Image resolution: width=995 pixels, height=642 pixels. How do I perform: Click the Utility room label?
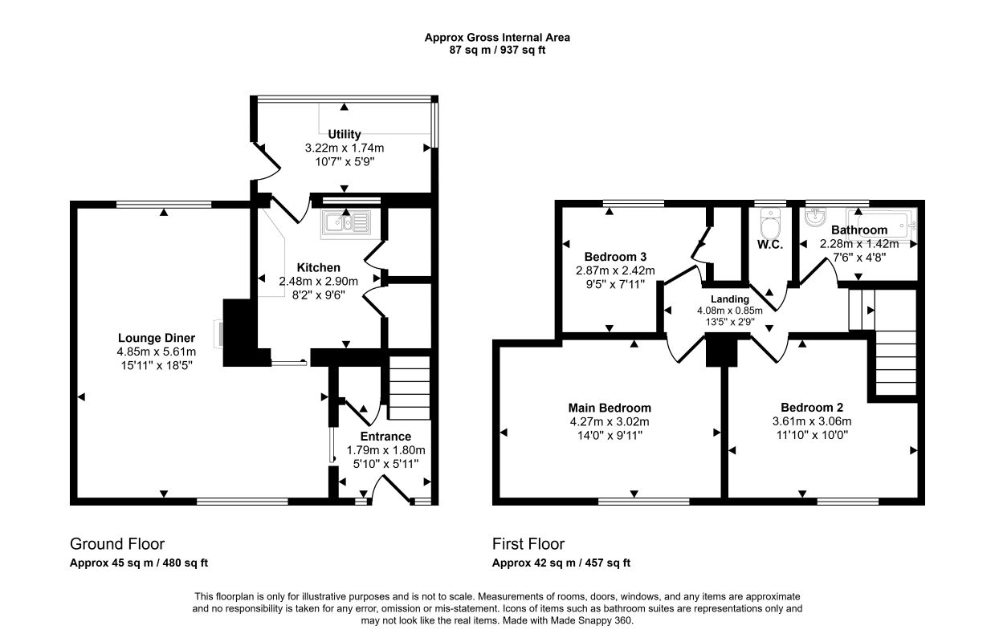(344, 134)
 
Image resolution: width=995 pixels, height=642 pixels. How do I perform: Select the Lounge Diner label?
(156, 338)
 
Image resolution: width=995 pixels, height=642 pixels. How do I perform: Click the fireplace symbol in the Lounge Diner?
(218, 332)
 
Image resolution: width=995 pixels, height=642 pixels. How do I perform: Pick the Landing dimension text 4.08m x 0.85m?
(729, 311)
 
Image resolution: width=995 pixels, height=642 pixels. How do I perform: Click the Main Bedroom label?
(610, 408)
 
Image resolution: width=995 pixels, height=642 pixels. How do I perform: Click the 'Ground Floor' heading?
(117, 544)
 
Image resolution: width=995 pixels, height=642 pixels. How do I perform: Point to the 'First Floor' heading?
(528, 544)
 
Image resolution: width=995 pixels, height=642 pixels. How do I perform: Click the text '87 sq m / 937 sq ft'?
(497, 50)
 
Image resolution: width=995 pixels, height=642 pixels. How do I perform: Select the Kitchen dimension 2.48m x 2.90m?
(319, 281)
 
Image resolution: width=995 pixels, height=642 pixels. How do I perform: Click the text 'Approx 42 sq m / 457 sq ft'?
(561, 563)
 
